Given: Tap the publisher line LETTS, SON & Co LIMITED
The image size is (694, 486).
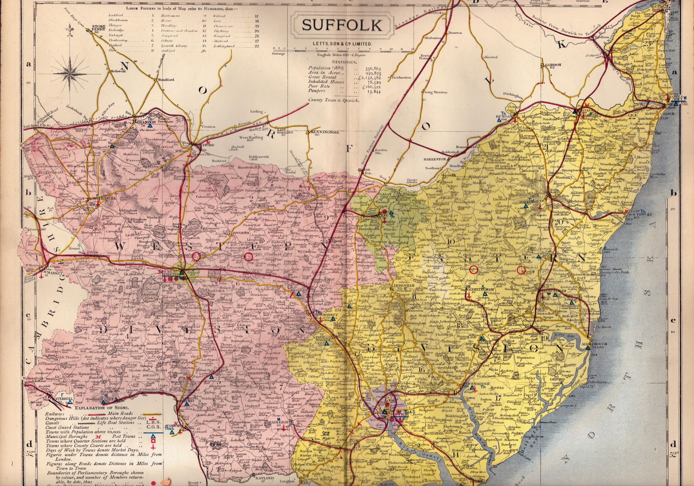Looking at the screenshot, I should click(x=342, y=44).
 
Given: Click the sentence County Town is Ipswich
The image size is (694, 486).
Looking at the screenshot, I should click(x=331, y=100).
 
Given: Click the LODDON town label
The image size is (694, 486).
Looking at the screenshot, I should click(x=553, y=65).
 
